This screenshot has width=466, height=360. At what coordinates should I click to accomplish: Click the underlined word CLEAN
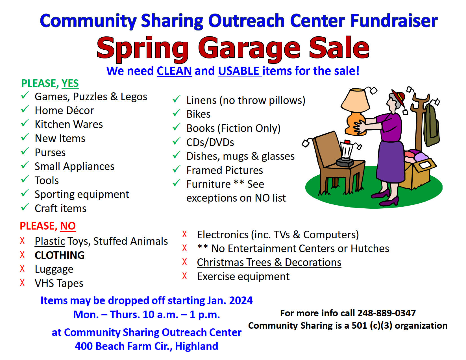coord(174,71)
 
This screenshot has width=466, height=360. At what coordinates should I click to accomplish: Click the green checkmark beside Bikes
coord(177,113)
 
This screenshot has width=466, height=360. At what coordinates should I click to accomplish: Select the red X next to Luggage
coord(22,269)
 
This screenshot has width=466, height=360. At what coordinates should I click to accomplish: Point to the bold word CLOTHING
coord(60,255)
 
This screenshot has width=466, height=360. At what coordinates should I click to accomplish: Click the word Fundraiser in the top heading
coord(394,21)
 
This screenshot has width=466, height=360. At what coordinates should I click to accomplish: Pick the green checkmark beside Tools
coord(25,179)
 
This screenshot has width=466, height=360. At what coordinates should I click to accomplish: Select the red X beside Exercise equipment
coord(184,276)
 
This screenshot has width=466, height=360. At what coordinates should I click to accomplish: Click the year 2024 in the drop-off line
coord(241,300)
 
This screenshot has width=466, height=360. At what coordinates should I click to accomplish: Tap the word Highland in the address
coord(197,346)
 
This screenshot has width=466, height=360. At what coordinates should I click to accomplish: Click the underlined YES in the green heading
coord(70,83)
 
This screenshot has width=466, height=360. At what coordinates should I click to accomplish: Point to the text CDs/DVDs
coord(210,142)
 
